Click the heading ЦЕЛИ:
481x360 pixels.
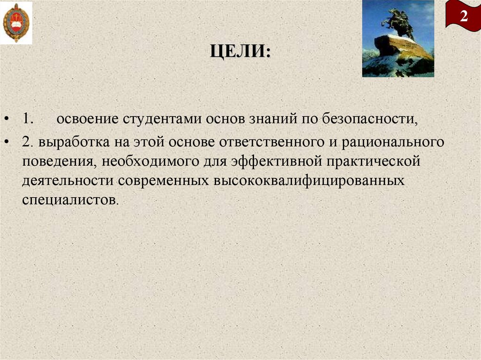[240, 50]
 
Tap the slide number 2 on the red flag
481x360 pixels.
[464, 16]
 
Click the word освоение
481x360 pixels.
[87, 119]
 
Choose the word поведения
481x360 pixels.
[57, 162]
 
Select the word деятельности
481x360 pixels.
[68, 181]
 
